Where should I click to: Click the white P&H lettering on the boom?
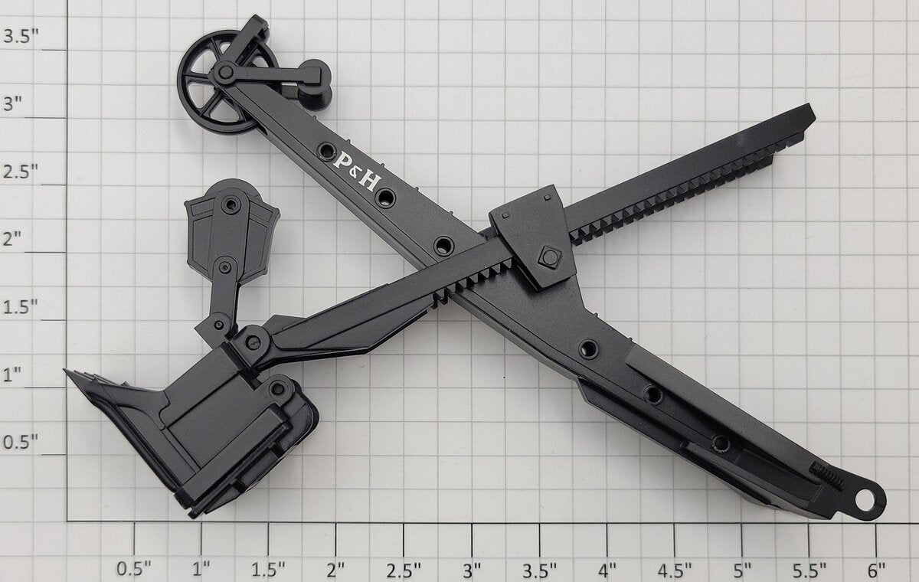(x=357, y=171)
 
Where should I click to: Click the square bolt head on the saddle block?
(x=549, y=257)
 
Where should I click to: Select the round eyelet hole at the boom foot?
(x=865, y=500)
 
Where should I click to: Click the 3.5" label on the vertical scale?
(x=21, y=36)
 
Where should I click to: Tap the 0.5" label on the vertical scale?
(x=21, y=442)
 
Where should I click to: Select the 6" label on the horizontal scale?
(x=876, y=569)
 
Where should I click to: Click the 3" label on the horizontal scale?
(x=472, y=569)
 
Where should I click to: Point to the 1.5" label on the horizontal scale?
(x=268, y=569)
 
